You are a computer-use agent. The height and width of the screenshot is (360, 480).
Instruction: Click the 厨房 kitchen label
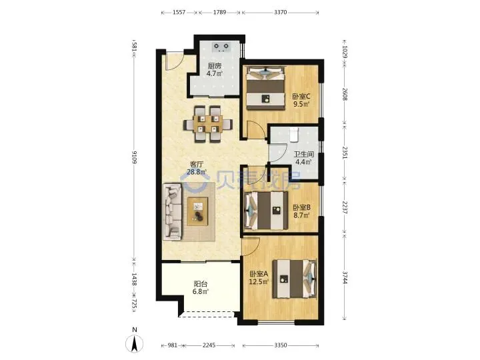214,66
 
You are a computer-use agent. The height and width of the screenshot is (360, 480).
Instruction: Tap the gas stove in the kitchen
221,47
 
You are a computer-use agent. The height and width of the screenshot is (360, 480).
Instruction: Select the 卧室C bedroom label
301,97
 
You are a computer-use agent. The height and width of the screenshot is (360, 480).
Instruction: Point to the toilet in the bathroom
294,135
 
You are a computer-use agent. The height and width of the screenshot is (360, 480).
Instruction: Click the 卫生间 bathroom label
304,154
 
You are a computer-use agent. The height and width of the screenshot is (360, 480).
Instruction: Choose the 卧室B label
301,207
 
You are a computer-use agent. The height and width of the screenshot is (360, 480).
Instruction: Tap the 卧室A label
259,274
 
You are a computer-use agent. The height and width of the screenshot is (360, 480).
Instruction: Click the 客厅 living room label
197,165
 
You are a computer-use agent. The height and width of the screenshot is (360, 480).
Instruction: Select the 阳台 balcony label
201,284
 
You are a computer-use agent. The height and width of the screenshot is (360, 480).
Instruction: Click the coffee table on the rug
198,211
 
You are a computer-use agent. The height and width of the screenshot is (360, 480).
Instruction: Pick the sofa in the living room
172,211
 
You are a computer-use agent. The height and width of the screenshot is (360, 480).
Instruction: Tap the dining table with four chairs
208,124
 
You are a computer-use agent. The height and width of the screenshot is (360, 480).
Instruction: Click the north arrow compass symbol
134,343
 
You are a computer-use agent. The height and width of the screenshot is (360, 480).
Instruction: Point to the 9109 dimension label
135,157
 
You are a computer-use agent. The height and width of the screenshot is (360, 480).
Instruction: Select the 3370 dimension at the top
281,12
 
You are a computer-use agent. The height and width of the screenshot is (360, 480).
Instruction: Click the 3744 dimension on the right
345,277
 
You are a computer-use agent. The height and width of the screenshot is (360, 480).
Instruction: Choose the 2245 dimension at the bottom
209,345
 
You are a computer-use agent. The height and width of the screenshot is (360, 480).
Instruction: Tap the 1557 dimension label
179,12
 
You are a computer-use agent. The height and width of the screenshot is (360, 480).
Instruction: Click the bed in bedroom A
295,279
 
